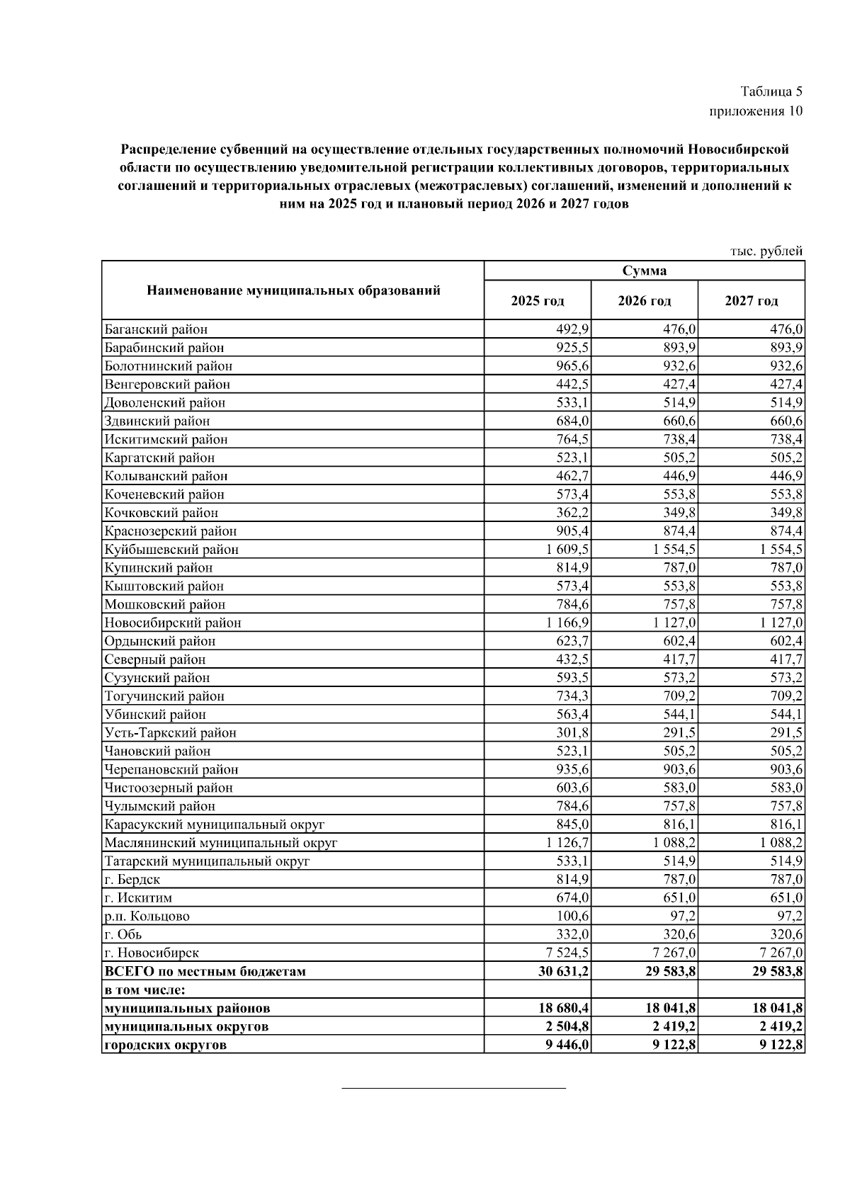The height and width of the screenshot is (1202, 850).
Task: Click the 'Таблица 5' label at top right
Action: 771,91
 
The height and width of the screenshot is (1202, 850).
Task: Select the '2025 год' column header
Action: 538,301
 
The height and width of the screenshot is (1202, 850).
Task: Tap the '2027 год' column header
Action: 751,301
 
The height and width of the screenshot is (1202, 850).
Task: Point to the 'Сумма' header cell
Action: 644,271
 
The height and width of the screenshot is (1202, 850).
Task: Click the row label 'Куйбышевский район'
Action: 171,550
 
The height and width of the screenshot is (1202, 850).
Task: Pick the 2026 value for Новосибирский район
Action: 670,623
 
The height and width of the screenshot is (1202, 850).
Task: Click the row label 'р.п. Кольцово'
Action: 147,916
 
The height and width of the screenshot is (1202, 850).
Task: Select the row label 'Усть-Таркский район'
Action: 170,732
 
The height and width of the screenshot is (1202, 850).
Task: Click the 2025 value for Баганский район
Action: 573,329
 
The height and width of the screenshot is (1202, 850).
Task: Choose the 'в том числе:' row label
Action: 149,990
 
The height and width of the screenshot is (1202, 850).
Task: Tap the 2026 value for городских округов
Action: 671,1045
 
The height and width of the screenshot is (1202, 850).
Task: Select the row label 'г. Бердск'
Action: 132,880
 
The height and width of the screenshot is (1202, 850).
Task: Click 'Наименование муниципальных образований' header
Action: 293,290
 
